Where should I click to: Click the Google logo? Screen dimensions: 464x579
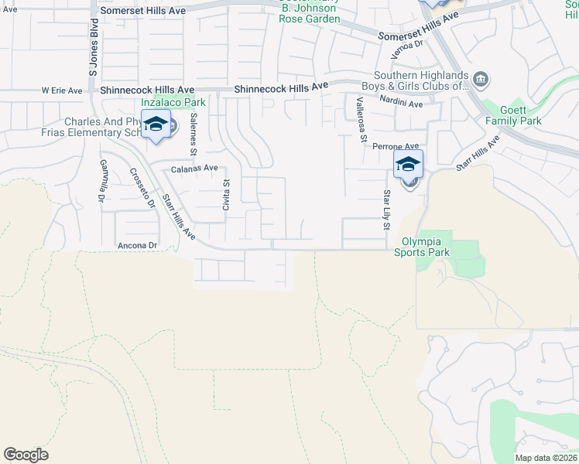pyautogui.click(x=26, y=455)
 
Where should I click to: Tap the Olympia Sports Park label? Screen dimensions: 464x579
pyautogui.click(x=422, y=246)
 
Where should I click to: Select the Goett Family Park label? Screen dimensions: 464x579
pyautogui.click(x=513, y=115)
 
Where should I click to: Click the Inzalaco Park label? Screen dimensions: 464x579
pyautogui.click(x=173, y=102)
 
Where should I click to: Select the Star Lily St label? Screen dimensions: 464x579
pyautogui.click(x=385, y=210)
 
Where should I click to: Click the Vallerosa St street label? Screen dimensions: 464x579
pyautogui.click(x=361, y=120)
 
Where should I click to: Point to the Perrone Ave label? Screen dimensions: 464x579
pyautogui.click(x=395, y=145)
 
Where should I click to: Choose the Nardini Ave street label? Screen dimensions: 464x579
pyautogui.click(x=401, y=103)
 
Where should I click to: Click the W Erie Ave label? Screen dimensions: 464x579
pyautogui.click(x=62, y=90)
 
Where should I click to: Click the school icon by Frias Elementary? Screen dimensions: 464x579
pyautogui.click(x=156, y=124)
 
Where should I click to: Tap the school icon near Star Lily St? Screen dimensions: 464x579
pyautogui.click(x=408, y=164)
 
